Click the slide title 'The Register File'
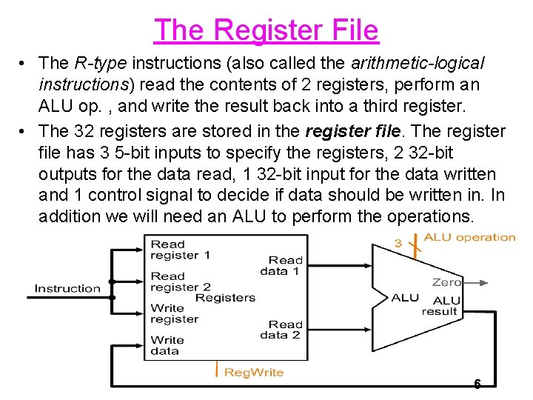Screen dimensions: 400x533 pos(266,30)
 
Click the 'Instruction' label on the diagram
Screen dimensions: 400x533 pos(67,288)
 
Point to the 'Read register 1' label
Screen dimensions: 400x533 pos(180,250)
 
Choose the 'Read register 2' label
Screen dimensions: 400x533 pos(181,281)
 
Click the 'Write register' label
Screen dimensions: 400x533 pos(174,313)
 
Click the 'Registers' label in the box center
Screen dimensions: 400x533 pos(225,298)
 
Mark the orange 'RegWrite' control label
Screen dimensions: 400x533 pos(254,372)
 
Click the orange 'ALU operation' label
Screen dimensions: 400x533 pos(469,238)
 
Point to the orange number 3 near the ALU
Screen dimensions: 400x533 pos(398,242)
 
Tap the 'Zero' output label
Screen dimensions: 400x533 pos(446,282)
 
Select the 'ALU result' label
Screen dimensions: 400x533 pos(442,306)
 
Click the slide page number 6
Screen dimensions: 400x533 pos(477,384)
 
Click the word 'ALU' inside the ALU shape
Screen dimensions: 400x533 pos(405,298)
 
